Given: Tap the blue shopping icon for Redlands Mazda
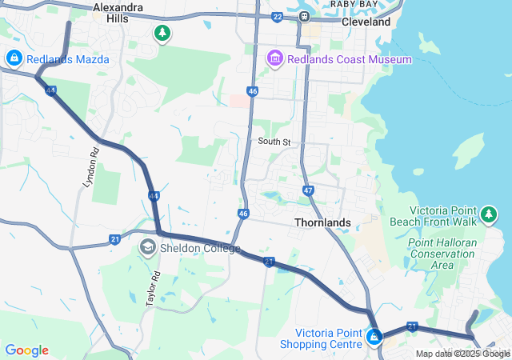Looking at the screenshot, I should (14, 58).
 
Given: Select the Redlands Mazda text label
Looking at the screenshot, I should (68, 59).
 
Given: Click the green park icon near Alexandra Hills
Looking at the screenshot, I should (162, 33).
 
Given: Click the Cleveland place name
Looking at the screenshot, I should (366, 22).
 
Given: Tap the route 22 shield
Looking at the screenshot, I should (277, 16).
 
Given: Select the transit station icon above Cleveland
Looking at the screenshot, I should (305, 16).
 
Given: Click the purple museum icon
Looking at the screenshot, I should (275, 58).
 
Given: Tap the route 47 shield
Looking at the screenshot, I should (308, 190).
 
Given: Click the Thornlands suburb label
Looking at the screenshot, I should (322, 222).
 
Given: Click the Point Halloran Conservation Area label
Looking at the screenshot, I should (442, 254).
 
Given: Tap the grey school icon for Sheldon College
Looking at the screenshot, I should (147, 247).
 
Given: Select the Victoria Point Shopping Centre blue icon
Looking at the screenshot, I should (374, 338).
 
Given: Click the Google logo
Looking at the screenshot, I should (27, 350).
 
